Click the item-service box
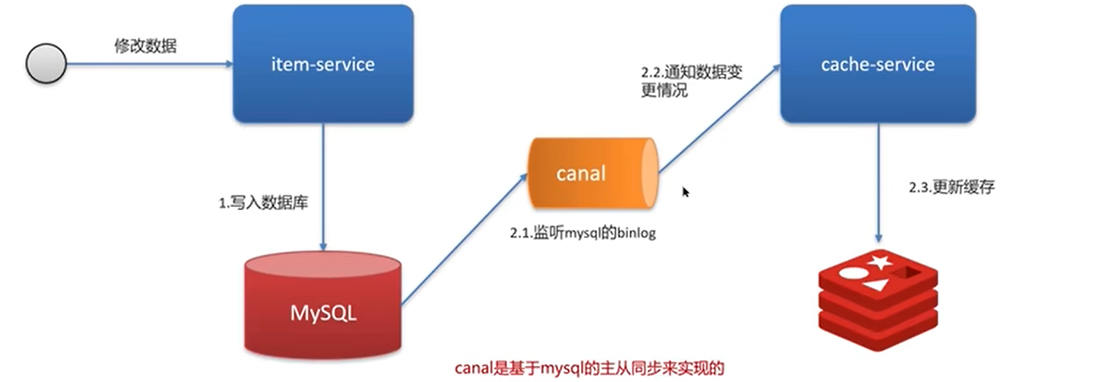[x=322, y=64]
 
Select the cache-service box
[x=878, y=64]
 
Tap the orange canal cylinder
[x=591, y=173]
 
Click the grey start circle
[x=46, y=65]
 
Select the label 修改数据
[x=145, y=46]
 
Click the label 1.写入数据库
[x=264, y=204]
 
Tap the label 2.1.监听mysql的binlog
[x=583, y=234]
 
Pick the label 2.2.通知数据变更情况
[x=691, y=81]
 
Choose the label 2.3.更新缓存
[x=951, y=188]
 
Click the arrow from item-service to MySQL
[x=323, y=186]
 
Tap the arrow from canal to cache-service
[x=719, y=119]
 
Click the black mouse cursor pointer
[x=685, y=192]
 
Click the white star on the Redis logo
[x=880, y=263]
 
